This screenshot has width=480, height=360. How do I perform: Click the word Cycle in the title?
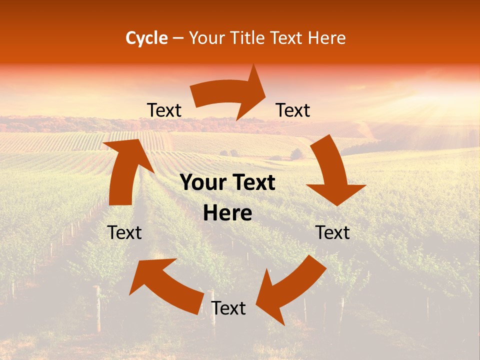coord(146,38)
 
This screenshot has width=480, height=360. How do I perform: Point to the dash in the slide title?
coord(178,38)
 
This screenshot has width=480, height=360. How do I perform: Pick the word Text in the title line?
coord(285,38)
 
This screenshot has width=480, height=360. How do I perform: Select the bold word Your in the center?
coord(202,183)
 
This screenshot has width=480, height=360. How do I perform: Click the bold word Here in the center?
coord(227,213)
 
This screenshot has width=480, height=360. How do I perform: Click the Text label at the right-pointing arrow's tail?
coord(164,110)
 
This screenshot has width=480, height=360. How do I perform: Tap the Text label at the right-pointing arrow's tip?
coord(293,110)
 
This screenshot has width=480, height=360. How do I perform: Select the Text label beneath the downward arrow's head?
coord(333,232)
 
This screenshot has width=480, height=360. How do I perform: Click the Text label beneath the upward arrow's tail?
coord(124,232)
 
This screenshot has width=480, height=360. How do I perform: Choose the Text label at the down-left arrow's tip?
coord(228,308)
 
